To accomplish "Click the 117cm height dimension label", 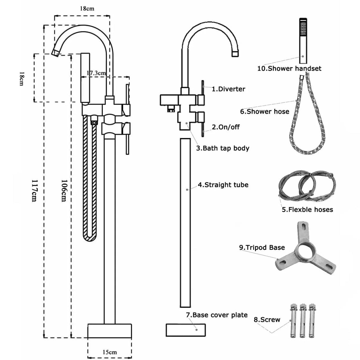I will (x=34, y=190).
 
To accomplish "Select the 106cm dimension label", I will (x=63, y=190).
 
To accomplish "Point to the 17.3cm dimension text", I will (x=96, y=73).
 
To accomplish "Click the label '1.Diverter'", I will (x=228, y=89).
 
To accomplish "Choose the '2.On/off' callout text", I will (x=226, y=127).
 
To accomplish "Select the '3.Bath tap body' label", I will (x=223, y=148).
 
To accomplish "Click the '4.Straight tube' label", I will (x=223, y=185).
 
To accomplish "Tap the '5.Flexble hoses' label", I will (x=307, y=209).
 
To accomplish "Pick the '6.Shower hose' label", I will (x=265, y=111).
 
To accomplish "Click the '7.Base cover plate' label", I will (x=217, y=315).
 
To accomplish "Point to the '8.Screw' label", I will (x=267, y=319).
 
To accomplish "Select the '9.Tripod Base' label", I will (x=262, y=247).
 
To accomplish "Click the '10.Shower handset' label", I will (x=289, y=68).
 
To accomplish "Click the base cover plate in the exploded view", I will (x=185, y=329).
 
